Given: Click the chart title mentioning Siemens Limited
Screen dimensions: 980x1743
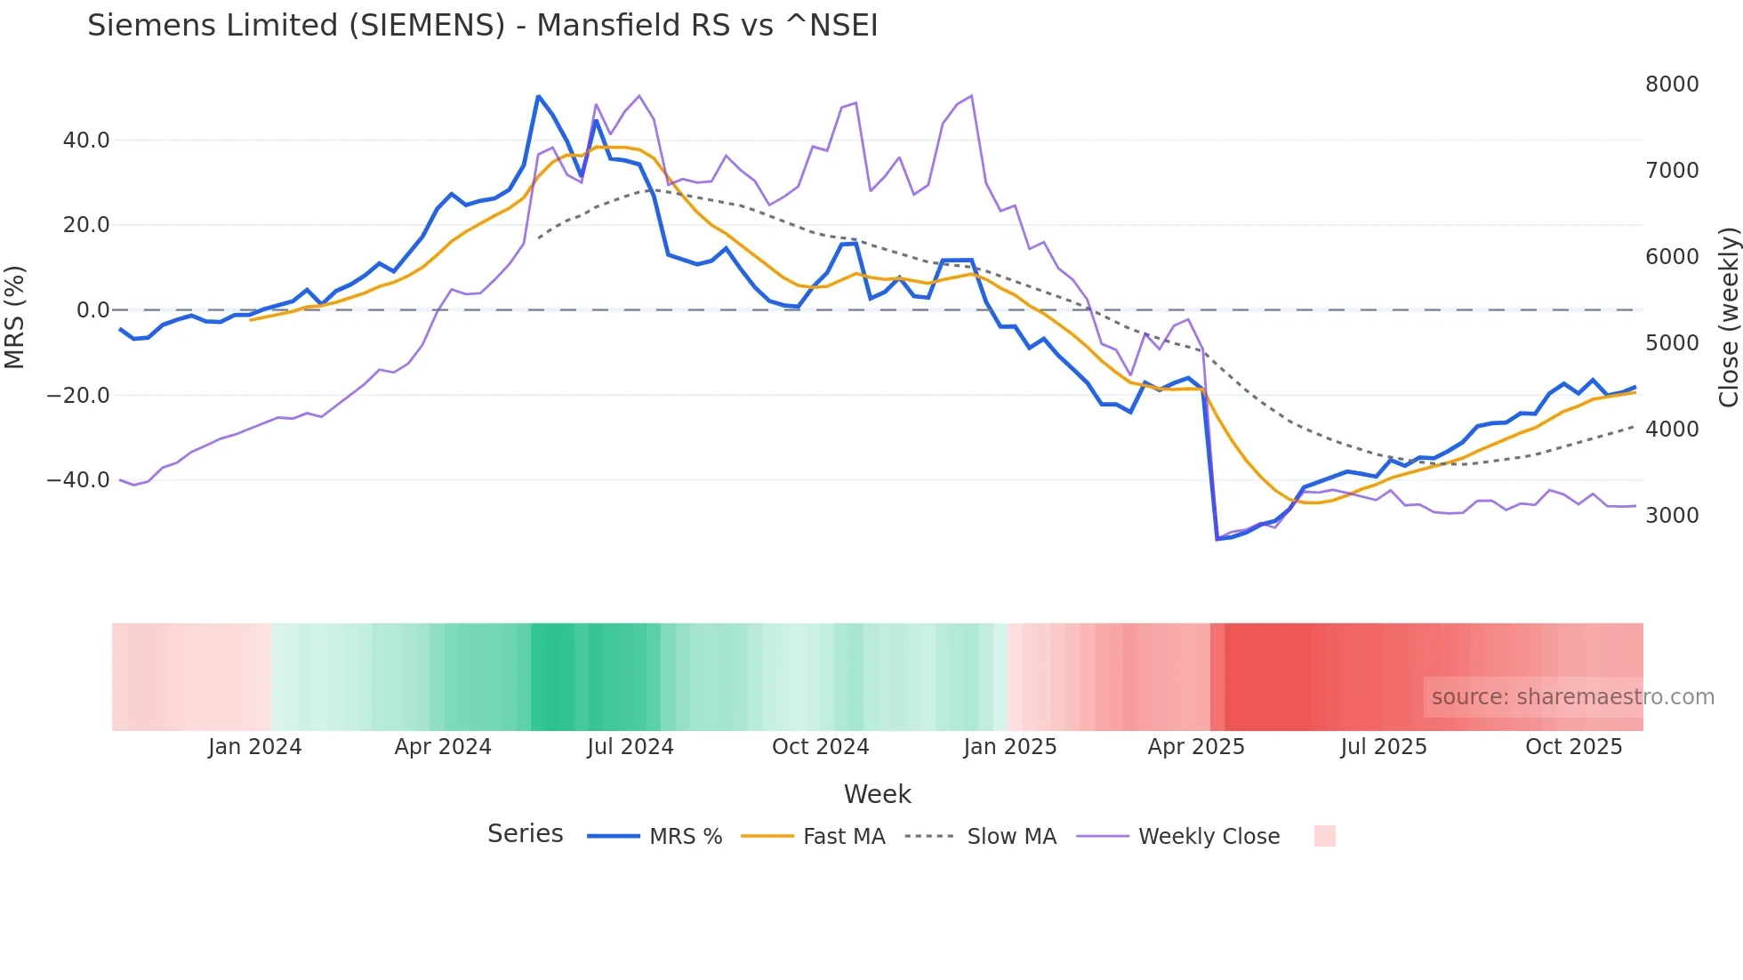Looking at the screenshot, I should [x=482, y=26].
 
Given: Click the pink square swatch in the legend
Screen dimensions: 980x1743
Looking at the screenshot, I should [x=1324, y=836].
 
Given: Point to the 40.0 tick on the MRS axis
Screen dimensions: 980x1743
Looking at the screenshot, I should [x=86, y=141].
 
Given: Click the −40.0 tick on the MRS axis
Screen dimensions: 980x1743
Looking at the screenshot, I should [x=78, y=480].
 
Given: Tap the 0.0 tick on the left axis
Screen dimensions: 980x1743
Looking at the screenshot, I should [x=93, y=310].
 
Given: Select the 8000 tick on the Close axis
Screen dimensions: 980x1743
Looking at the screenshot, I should [x=1672, y=84].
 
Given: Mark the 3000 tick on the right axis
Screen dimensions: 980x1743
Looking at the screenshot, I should [x=1672, y=516].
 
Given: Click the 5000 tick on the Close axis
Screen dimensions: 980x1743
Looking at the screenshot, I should [x=1672, y=343].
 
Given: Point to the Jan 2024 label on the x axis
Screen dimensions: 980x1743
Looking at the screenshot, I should [x=255, y=747].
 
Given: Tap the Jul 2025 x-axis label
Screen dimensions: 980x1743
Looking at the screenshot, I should [x=1384, y=747].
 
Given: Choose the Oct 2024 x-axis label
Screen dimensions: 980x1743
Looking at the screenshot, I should [x=820, y=747].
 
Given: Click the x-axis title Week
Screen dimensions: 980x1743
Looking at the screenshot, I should [x=877, y=794].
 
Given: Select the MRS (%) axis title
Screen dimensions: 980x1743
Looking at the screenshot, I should [x=15, y=317].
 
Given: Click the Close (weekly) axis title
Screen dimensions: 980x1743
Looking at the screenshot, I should [x=1728, y=317].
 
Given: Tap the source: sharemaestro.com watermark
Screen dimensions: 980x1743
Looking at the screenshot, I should [x=1572, y=697].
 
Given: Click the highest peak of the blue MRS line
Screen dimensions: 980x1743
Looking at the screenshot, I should [x=539, y=96].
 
